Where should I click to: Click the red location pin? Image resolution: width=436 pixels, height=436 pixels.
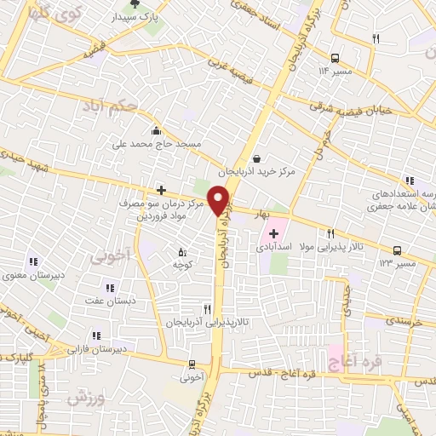click(220, 199)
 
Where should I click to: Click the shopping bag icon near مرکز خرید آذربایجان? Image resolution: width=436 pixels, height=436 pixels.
click(255, 158)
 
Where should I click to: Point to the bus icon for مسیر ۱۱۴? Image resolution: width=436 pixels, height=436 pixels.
click(335, 58)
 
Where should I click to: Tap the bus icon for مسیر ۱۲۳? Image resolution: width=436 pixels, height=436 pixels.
click(397, 250)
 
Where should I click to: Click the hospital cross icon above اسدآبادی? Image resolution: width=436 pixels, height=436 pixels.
click(273, 233)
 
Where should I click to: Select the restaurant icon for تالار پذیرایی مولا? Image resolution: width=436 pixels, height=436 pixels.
click(331, 233)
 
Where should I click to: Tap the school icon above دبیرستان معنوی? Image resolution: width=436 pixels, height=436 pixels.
click(33, 261)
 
